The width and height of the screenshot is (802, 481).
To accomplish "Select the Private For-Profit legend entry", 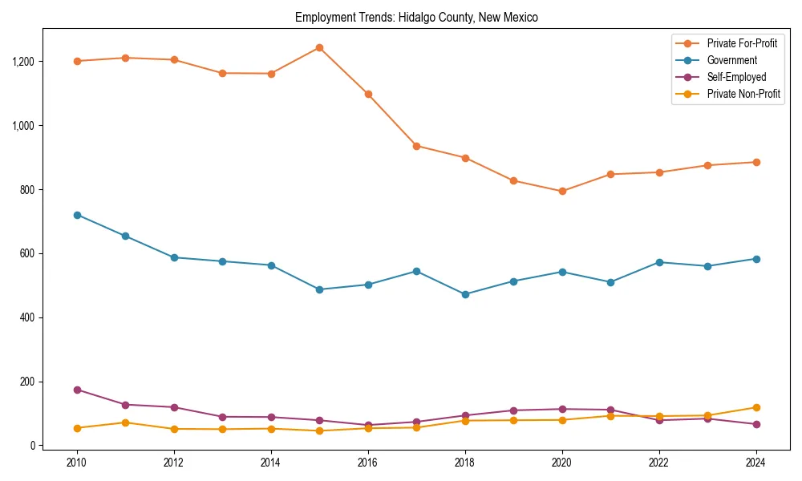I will pyautogui.click(x=742, y=42).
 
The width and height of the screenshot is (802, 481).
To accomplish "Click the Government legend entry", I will pyautogui.click(x=731, y=60).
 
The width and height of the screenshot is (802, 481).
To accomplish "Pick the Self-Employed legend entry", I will pyautogui.click(x=736, y=77).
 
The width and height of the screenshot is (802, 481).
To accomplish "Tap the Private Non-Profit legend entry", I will pyautogui.click(x=743, y=95).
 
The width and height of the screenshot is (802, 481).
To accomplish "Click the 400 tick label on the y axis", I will pyautogui.click(x=29, y=317).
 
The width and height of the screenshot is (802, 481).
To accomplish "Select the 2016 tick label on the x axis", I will pyautogui.click(x=367, y=463).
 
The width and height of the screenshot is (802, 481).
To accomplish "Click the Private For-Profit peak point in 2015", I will pyautogui.click(x=319, y=47).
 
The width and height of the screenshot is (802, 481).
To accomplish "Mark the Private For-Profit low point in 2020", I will pyautogui.click(x=562, y=191).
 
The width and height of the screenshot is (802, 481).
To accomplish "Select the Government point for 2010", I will pyautogui.click(x=77, y=215).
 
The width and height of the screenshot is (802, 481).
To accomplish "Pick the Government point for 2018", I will pyautogui.click(x=465, y=294).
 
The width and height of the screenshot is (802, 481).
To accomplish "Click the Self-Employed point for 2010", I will pyautogui.click(x=77, y=390).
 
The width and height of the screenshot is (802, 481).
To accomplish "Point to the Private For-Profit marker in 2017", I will pyautogui.click(x=416, y=146).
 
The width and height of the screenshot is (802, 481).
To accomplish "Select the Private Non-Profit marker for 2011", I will pyautogui.click(x=125, y=422).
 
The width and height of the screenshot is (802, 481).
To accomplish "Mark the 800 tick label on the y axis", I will pyautogui.click(x=29, y=190).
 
